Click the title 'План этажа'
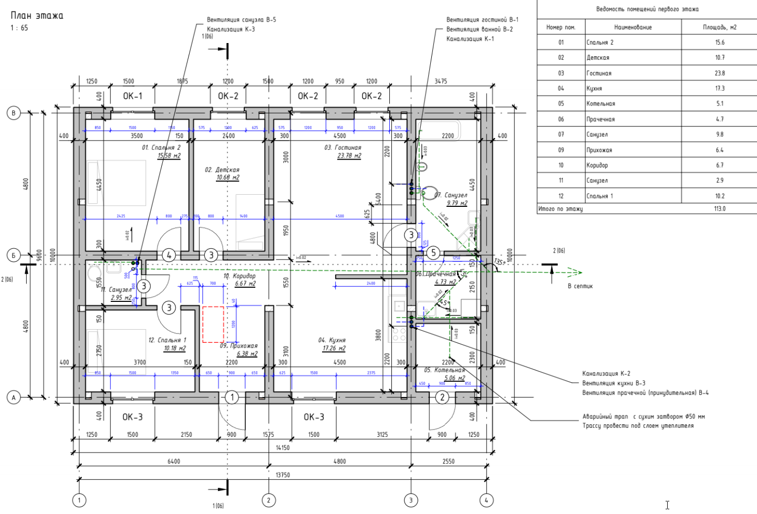(37, 16)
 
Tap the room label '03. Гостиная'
(343, 148)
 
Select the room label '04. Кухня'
(332, 340)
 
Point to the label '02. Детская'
(222, 170)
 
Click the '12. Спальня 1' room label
(167, 340)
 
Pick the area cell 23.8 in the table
(719, 73)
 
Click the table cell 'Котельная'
(601, 104)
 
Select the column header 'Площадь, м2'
(719, 27)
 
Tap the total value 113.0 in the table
(719, 208)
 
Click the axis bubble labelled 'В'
(14, 112)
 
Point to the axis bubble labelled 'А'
(14, 397)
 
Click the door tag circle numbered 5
(433, 253)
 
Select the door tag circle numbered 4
(169, 255)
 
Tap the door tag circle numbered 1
(232, 397)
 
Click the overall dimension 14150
(283, 448)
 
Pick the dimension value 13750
(283, 475)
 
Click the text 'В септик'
(580, 286)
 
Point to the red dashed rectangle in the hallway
(213, 324)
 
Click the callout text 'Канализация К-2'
(606, 373)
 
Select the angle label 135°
(499, 262)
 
